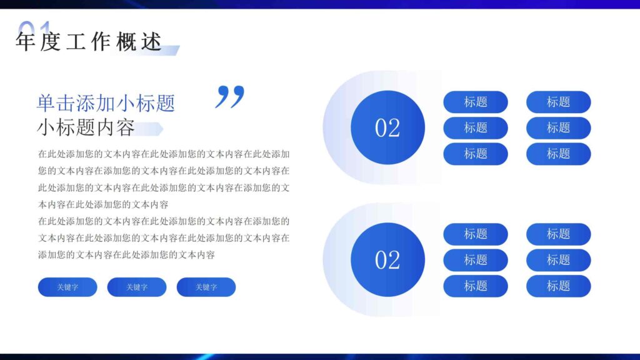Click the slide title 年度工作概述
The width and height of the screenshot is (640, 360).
pyautogui.click(x=89, y=42)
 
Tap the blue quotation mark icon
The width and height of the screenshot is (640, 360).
pyautogui.click(x=230, y=97)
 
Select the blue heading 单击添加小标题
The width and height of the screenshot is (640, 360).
pyautogui.click(x=106, y=102)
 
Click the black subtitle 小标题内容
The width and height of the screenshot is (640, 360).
pyautogui.click(x=86, y=127)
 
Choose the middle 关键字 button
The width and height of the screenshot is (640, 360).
pyautogui.click(x=137, y=287)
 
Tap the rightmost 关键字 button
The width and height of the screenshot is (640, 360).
pyautogui.click(x=206, y=287)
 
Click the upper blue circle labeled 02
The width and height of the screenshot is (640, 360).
pyautogui.click(x=387, y=127)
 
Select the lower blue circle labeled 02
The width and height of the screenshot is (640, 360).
pyautogui.click(x=387, y=259)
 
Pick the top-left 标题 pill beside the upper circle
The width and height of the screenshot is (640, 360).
pyautogui.click(x=476, y=102)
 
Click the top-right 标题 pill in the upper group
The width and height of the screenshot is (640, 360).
pyautogui.click(x=558, y=102)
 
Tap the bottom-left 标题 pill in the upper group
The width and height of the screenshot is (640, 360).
pyautogui.click(x=476, y=154)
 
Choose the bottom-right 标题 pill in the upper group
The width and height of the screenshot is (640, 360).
pyautogui.click(x=558, y=154)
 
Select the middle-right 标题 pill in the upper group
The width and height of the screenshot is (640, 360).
pyautogui.click(x=558, y=127)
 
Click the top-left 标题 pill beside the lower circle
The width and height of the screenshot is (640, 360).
pyautogui.click(x=476, y=234)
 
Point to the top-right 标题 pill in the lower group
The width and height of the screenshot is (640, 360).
pyautogui.click(x=558, y=234)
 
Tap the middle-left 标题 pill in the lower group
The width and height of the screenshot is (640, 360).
pyautogui.click(x=476, y=260)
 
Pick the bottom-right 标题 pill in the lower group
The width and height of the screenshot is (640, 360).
pyautogui.click(x=558, y=286)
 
